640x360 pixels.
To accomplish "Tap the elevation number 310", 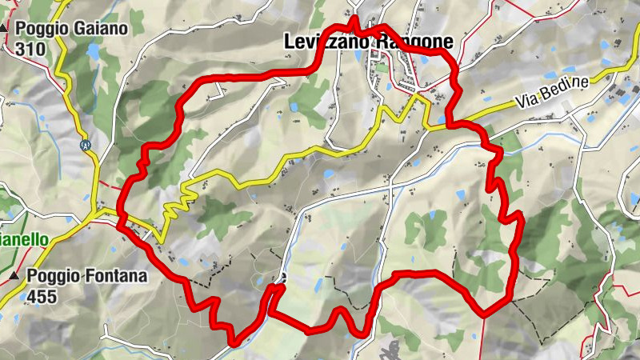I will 29,48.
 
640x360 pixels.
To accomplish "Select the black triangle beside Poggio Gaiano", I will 5,28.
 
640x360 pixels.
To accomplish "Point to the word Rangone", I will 410,42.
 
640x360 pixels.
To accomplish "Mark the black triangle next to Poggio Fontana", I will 15,277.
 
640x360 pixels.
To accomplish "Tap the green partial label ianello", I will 24,239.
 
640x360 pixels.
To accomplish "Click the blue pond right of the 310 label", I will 94,54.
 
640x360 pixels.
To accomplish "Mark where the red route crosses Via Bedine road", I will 452,124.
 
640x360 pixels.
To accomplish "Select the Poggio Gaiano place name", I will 70,28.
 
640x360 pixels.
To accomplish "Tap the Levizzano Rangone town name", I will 368,42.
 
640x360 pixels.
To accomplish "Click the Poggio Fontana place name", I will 86,277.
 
